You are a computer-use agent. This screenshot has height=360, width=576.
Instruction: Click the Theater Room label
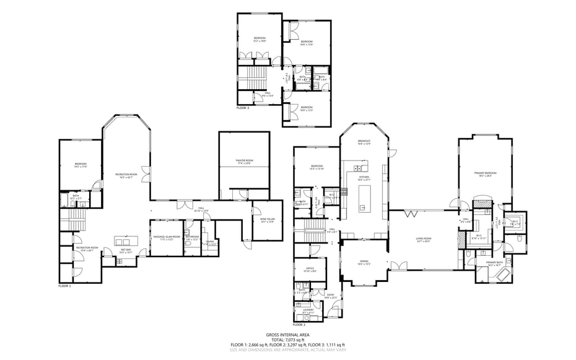tap(244, 161)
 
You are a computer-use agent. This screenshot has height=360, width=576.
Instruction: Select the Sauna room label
tap(211, 244)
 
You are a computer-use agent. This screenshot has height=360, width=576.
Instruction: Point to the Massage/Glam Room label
tap(167, 237)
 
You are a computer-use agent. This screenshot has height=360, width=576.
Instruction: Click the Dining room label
tap(364, 263)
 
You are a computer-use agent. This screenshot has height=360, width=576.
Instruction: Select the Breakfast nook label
tap(364, 143)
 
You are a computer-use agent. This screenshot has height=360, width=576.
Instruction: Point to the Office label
tap(310, 270)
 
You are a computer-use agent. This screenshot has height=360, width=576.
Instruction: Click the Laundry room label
tap(308, 312)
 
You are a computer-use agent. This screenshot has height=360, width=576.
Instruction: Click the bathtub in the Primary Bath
tap(499, 274)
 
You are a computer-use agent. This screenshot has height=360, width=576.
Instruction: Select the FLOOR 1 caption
tap(65, 286)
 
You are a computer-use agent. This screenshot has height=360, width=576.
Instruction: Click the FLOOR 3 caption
tap(243, 108)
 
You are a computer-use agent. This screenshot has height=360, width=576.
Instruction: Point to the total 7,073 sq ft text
tap(287, 339)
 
